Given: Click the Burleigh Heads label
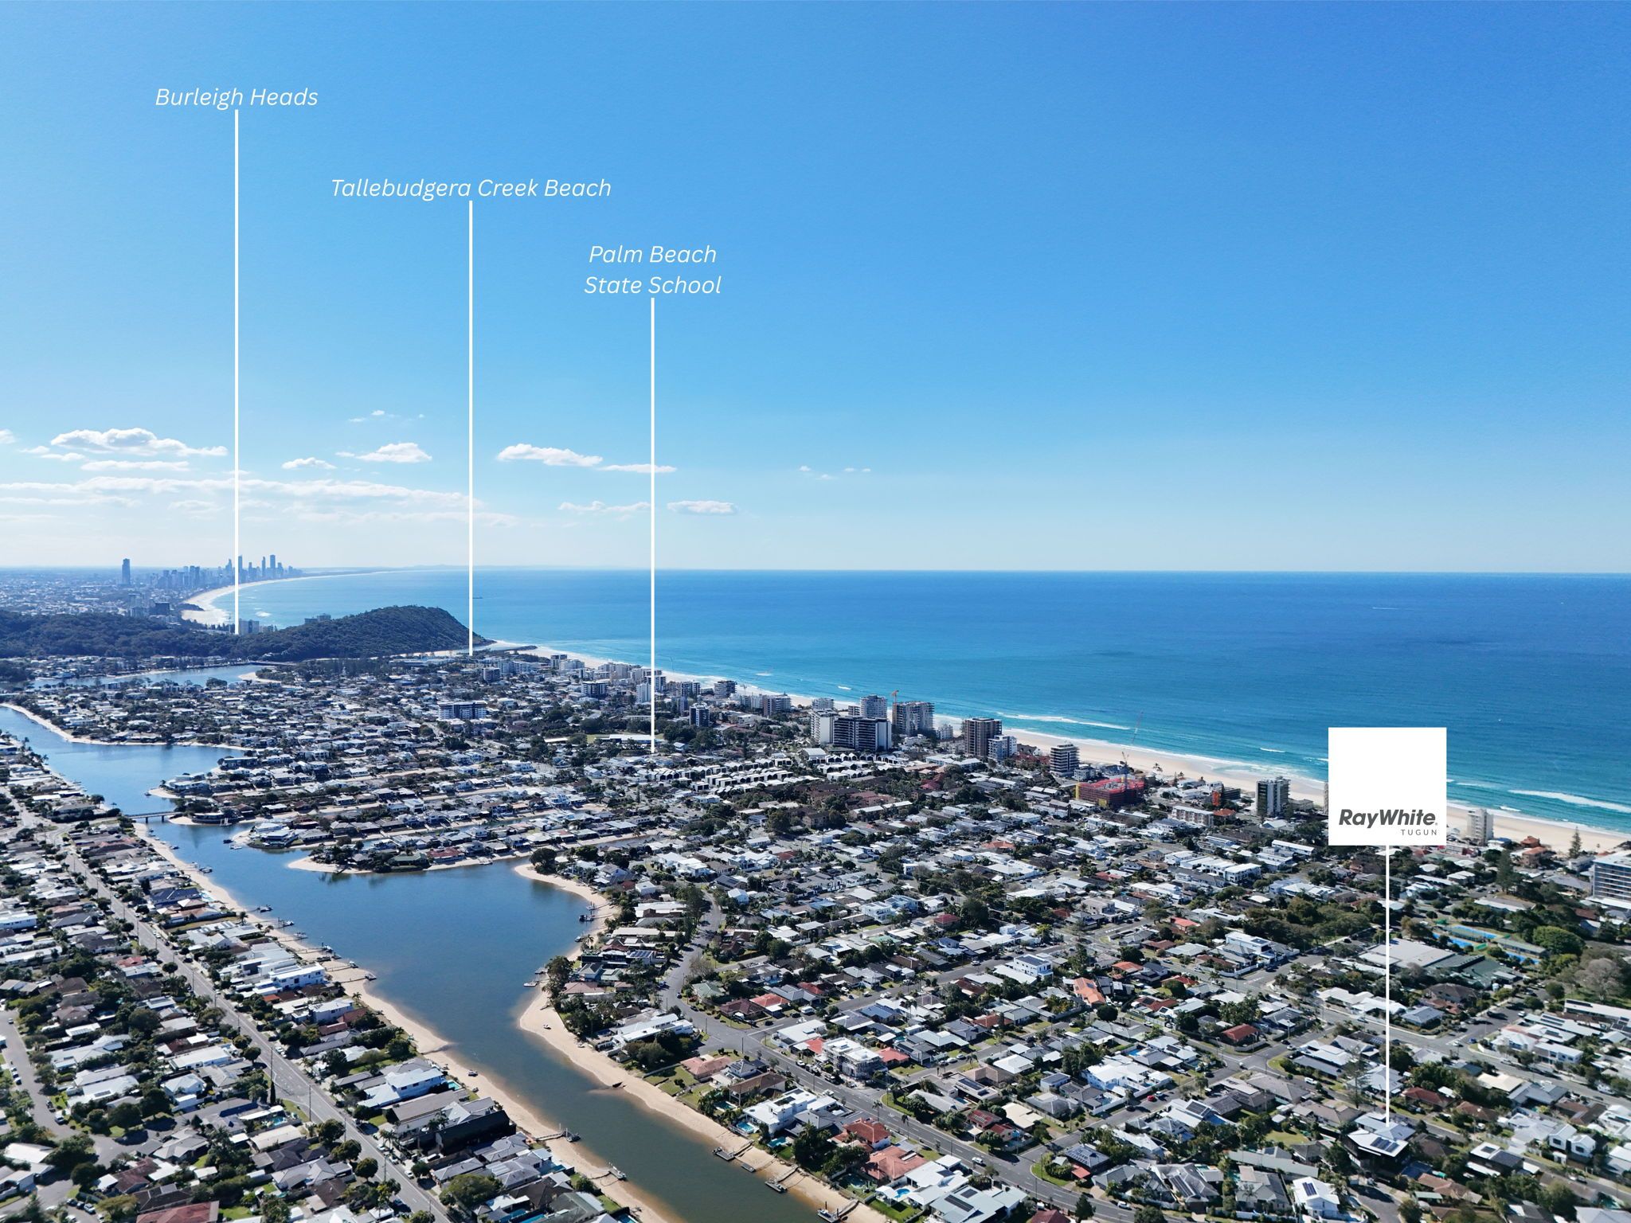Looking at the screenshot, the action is [237, 97].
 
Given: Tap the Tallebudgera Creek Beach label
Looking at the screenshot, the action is [471, 188].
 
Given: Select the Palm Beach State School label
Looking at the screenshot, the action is [652, 270].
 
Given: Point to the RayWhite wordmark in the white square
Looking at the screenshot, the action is [1387, 817].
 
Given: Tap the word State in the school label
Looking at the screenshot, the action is [612, 285].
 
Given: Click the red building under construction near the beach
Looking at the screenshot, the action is [1109, 791].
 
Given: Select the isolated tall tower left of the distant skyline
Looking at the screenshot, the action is [125, 572].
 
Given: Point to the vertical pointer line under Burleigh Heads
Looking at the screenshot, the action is [237, 373].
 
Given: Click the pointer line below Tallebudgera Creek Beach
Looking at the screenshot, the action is [470, 428].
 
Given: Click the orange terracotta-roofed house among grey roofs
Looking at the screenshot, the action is [1088, 991].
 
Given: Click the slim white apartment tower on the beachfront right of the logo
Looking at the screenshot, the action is [1479, 825].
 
